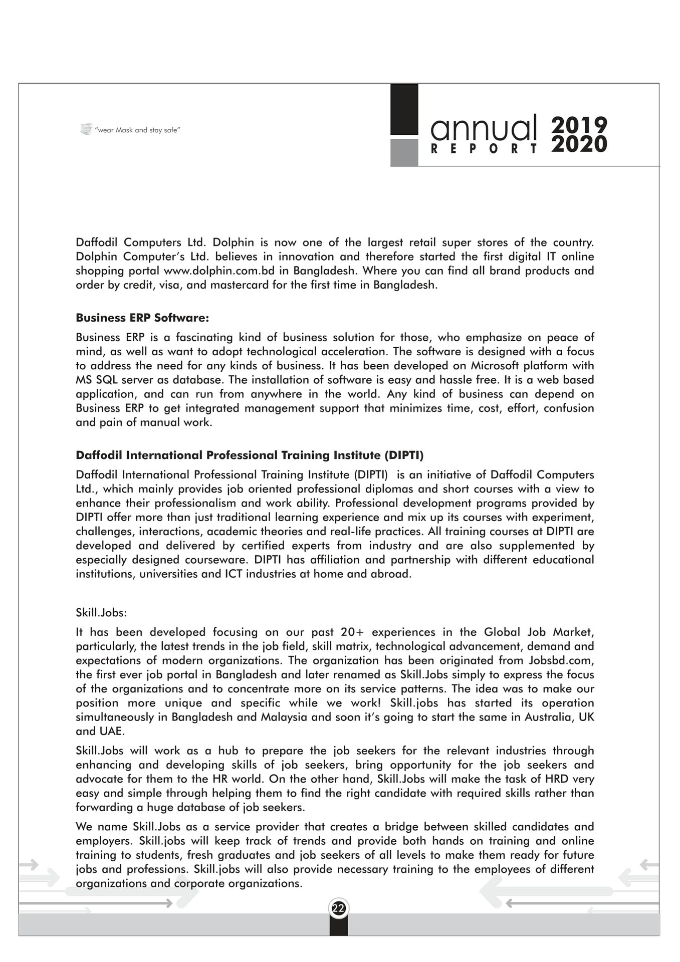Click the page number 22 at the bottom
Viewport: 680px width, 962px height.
coord(339,908)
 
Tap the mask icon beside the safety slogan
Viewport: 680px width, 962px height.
coord(86,129)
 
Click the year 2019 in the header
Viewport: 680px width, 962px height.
coord(579,125)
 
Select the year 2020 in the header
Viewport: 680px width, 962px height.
coord(579,144)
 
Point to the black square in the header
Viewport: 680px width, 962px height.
coord(404,109)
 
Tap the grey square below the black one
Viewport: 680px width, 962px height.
coord(404,152)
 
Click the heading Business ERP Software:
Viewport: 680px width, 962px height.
coord(142,318)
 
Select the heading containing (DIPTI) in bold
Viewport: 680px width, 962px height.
coord(250,455)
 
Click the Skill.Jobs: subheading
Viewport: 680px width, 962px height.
coord(101,612)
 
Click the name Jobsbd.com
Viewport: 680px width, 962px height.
coord(561,660)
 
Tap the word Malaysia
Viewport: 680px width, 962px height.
coord(284,716)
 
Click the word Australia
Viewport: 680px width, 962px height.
coord(548,716)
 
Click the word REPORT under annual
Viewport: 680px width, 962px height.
coord(484,149)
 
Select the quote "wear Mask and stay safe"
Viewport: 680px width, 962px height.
coord(137,130)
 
